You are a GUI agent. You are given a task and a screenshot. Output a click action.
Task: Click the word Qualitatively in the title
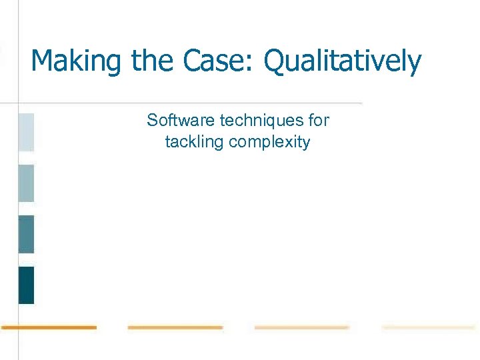pyautogui.click(x=343, y=61)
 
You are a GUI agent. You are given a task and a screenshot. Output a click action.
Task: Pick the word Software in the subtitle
pyautogui.click(x=181, y=120)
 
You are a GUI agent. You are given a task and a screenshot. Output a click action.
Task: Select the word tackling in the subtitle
pyautogui.click(x=195, y=142)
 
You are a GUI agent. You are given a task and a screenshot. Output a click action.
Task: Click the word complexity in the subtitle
pyautogui.click(x=269, y=143)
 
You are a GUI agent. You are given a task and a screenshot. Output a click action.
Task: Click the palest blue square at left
pyautogui.click(x=26, y=132)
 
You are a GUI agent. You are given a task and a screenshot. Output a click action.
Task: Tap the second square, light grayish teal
pyautogui.click(x=26, y=183)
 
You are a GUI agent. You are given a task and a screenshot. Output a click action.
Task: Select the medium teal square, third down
pyautogui.click(x=26, y=234)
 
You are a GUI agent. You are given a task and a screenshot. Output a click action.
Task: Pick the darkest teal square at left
pyautogui.click(x=26, y=285)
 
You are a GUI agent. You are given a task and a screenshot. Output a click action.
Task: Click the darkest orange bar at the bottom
pyautogui.click(x=49, y=327)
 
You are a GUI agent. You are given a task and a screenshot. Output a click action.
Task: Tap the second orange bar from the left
pyautogui.click(x=175, y=327)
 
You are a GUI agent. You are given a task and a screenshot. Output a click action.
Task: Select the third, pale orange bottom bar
pyautogui.click(x=301, y=327)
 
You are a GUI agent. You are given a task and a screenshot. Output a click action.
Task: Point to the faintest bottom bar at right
pyautogui.click(x=428, y=327)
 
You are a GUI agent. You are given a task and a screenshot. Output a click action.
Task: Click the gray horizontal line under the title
pyautogui.click(x=200, y=103)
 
